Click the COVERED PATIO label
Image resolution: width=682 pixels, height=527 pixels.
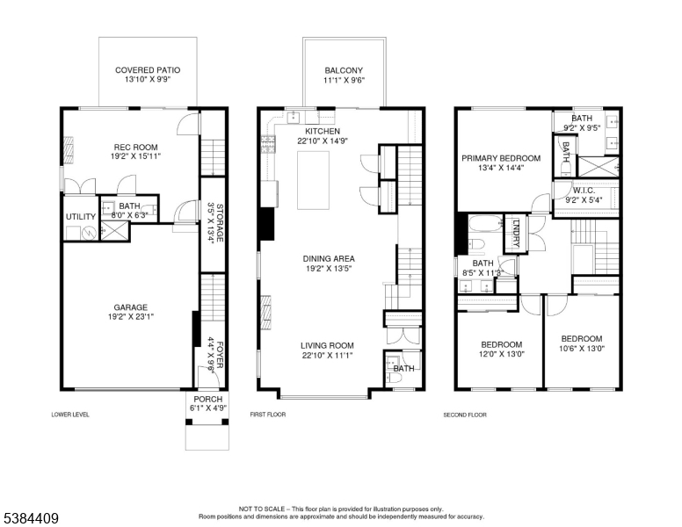click(x=148, y=70)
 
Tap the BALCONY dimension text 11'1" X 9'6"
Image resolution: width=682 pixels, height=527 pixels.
click(x=344, y=80)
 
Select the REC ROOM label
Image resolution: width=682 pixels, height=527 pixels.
click(x=135, y=147)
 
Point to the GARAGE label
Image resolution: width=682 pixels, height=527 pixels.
click(x=130, y=307)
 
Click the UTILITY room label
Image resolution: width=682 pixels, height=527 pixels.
click(x=81, y=217)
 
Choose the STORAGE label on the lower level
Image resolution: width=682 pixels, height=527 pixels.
click(x=220, y=222)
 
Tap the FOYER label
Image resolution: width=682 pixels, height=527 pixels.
click(x=220, y=354)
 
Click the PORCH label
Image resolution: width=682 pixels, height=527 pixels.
click(x=208, y=399)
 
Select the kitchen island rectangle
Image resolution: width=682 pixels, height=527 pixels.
click(x=313, y=180)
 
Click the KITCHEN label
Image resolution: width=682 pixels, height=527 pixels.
click(x=323, y=132)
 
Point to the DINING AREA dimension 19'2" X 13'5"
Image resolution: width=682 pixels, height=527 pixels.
click(x=329, y=269)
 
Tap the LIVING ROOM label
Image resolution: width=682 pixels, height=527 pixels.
click(x=327, y=346)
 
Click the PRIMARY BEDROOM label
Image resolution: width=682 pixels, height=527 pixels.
click(x=501, y=158)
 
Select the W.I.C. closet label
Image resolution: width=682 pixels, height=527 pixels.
click(x=584, y=191)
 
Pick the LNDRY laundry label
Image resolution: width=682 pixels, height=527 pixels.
click(x=516, y=233)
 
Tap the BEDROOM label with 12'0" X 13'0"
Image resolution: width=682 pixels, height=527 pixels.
click(x=502, y=344)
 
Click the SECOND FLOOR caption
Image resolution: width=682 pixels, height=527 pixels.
click(x=465, y=415)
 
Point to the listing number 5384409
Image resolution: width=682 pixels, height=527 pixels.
click(x=31, y=518)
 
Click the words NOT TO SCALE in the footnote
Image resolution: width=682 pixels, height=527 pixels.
click(x=262, y=509)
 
